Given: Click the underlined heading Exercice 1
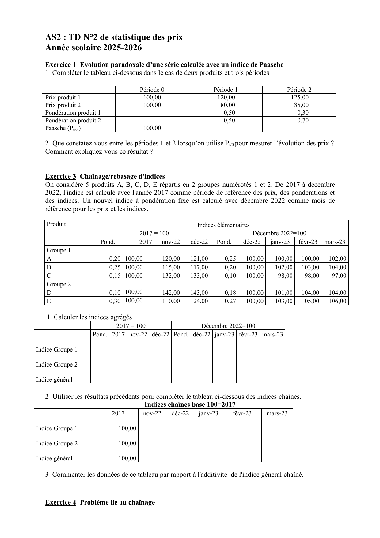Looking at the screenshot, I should click(60, 65).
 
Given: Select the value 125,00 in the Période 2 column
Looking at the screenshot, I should click(299, 98).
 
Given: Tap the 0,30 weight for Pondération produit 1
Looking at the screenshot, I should click(303, 113).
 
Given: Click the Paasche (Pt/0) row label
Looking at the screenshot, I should click(63, 128).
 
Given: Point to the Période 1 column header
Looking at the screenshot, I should click(226, 90).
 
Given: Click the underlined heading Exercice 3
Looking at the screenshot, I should click(60, 176).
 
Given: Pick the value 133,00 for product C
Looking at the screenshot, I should click(199, 275).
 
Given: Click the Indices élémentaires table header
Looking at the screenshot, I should click(223, 225).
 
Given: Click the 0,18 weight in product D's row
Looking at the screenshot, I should click(230, 293).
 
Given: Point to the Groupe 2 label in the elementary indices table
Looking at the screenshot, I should click(59, 284).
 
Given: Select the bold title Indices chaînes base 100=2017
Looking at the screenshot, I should click(190, 404).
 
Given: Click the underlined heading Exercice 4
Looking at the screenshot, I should click(60, 502).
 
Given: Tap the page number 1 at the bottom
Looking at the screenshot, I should click(333, 511).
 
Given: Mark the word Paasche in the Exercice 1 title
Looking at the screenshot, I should click(271, 65).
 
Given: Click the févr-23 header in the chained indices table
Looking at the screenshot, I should click(242, 413).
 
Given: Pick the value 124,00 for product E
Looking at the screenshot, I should click(199, 301).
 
